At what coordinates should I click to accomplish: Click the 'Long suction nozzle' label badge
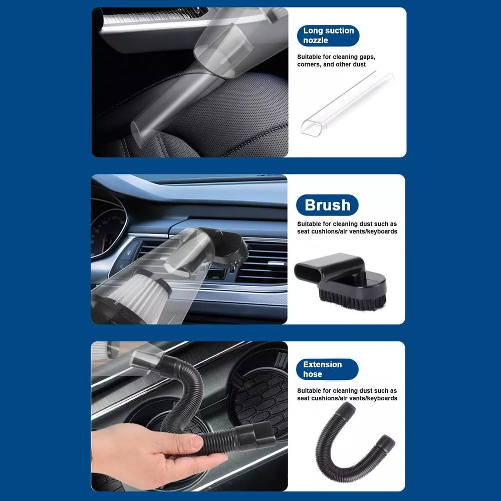pos(328,36)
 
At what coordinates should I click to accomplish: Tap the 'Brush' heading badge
pos(327,205)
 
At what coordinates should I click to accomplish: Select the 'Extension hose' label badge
pos(327,369)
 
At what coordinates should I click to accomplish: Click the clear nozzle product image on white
pos(348,104)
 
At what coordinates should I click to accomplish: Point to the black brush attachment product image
pos(341,282)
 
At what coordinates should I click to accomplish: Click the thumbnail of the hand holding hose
pos(189,416)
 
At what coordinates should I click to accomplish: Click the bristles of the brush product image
pos(352,300)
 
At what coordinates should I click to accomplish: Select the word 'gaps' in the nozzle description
pos(367,57)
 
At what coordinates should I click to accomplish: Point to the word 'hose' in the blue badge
pos(313,374)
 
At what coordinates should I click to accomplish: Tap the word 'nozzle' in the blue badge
pos(316,41)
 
